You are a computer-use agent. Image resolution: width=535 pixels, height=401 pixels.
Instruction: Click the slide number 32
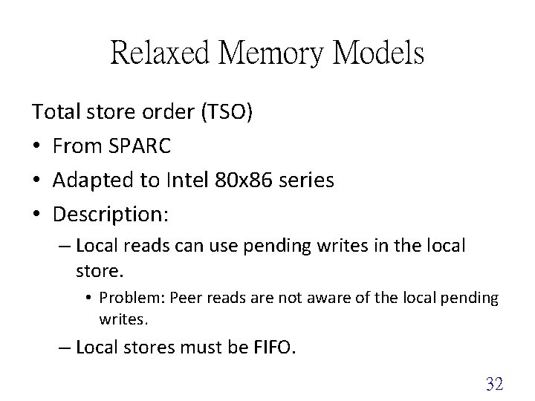[494, 383]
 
